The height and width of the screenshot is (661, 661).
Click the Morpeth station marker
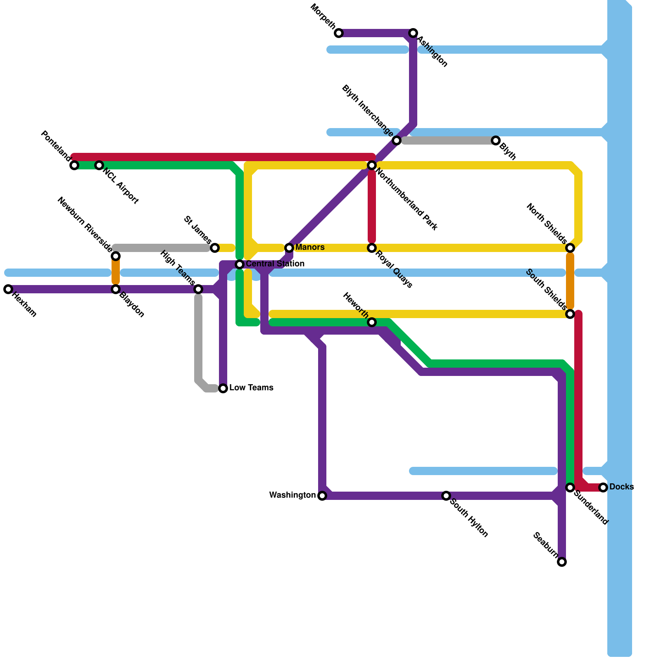[339, 33]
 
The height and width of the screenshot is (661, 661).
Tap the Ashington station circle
[413, 33]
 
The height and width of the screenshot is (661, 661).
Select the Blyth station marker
[496, 140]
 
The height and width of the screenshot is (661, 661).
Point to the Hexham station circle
[8, 289]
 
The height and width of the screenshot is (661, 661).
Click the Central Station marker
[240, 264]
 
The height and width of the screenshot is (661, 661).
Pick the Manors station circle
[289, 248]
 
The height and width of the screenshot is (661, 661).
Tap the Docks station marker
[603, 487]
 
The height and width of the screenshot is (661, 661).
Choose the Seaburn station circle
[562, 562]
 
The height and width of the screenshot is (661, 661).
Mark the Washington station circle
[322, 496]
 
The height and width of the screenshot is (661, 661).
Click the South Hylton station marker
[446, 496]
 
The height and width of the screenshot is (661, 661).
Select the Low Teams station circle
[223, 388]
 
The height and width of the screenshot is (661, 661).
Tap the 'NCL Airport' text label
[120, 186]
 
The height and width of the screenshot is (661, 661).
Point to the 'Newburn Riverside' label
[85, 225]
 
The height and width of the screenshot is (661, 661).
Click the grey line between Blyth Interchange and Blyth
[446, 140]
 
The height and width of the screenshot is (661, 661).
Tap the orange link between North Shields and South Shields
[570, 281]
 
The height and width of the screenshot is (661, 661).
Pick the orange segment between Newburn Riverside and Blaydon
[116, 273]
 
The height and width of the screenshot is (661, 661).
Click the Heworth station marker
[372, 322]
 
